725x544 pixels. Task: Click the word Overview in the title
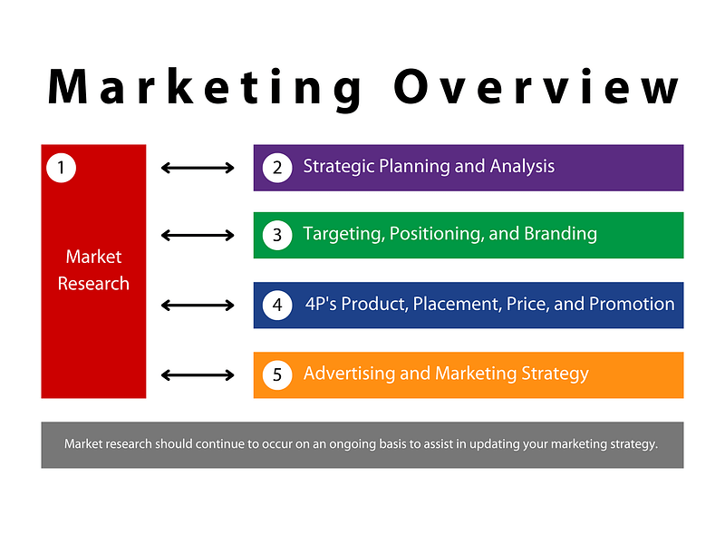click(536, 86)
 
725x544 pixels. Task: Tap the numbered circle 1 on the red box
click(61, 168)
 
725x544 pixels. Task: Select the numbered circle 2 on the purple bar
click(277, 168)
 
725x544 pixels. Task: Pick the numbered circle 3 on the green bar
click(277, 235)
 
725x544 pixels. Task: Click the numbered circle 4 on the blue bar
click(277, 305)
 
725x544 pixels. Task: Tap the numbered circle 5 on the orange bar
click(277, 374)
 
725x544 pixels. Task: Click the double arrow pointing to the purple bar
click(198, 168)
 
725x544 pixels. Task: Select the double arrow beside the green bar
click(198, 235)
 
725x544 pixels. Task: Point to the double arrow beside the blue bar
click(198, 305)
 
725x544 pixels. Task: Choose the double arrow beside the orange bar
click(198, 374)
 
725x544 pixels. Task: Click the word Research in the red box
click(93, 284)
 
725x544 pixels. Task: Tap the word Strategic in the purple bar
click(338, 167)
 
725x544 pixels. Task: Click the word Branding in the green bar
click(560, 234)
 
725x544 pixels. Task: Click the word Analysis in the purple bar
click(522, 167)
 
